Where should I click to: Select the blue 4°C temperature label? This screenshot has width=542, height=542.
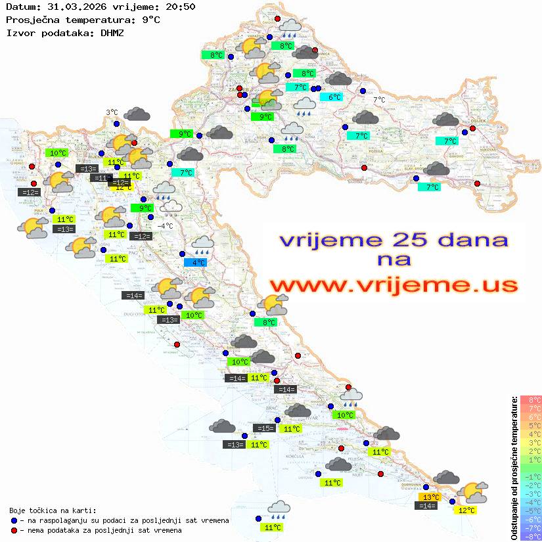pos(196,263)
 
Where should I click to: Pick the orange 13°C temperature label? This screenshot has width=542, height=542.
pos(430,497)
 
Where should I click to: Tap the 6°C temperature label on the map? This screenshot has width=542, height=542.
pos(334,97)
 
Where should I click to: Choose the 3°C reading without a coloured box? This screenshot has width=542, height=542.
pos(112,112)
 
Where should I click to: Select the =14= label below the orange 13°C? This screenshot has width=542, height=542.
pos(426,506)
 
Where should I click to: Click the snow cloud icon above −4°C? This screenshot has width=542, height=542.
pos(171,210)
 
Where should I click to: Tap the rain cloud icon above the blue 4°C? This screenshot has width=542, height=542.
pos(202,245)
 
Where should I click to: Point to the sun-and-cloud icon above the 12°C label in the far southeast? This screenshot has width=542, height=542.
pos(473,492)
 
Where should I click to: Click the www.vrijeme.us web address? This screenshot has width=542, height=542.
pos(393,286)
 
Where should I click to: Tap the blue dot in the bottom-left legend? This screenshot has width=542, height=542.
pos(14,520)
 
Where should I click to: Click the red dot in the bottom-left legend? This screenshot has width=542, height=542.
pos(14,530)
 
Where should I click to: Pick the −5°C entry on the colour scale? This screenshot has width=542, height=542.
pos(530,510)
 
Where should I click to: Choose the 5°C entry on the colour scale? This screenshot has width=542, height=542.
pos(530,425)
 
